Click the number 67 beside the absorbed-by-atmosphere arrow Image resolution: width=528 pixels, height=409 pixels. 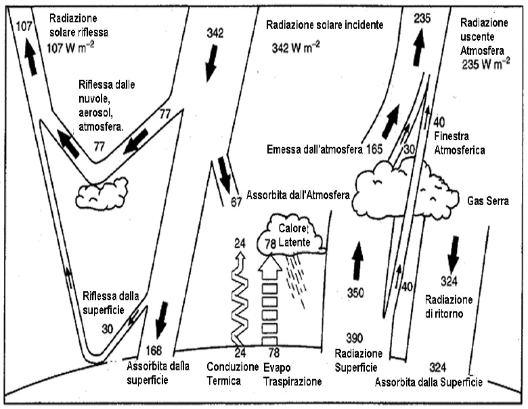click(236, 200)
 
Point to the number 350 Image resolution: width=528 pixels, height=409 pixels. click(355, 293)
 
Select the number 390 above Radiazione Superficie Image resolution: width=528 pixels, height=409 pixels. click(355, 337)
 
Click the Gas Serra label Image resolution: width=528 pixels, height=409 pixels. click(489, 202)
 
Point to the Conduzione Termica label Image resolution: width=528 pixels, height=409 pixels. click(232, 374)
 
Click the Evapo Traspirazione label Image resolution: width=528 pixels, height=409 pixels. click(292, 374)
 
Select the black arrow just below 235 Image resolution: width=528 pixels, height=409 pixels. click(420, 46)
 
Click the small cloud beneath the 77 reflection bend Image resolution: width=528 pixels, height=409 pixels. click(102, 194)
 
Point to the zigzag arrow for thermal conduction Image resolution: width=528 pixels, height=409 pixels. click(238, 301)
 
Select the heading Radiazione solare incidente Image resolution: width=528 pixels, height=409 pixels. click(324, 25)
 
